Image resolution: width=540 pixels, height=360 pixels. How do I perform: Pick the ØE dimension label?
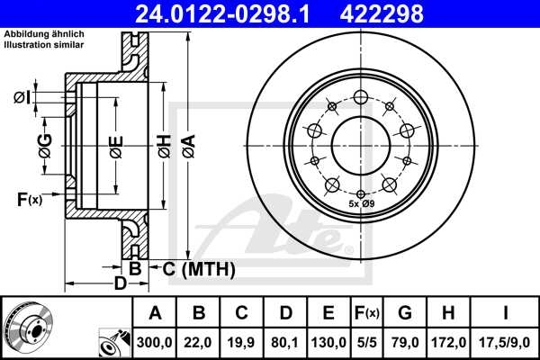click(116, 146)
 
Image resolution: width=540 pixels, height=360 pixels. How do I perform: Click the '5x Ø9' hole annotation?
click(362, 206)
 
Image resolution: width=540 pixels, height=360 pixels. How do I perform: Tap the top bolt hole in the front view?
click(361, 98)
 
